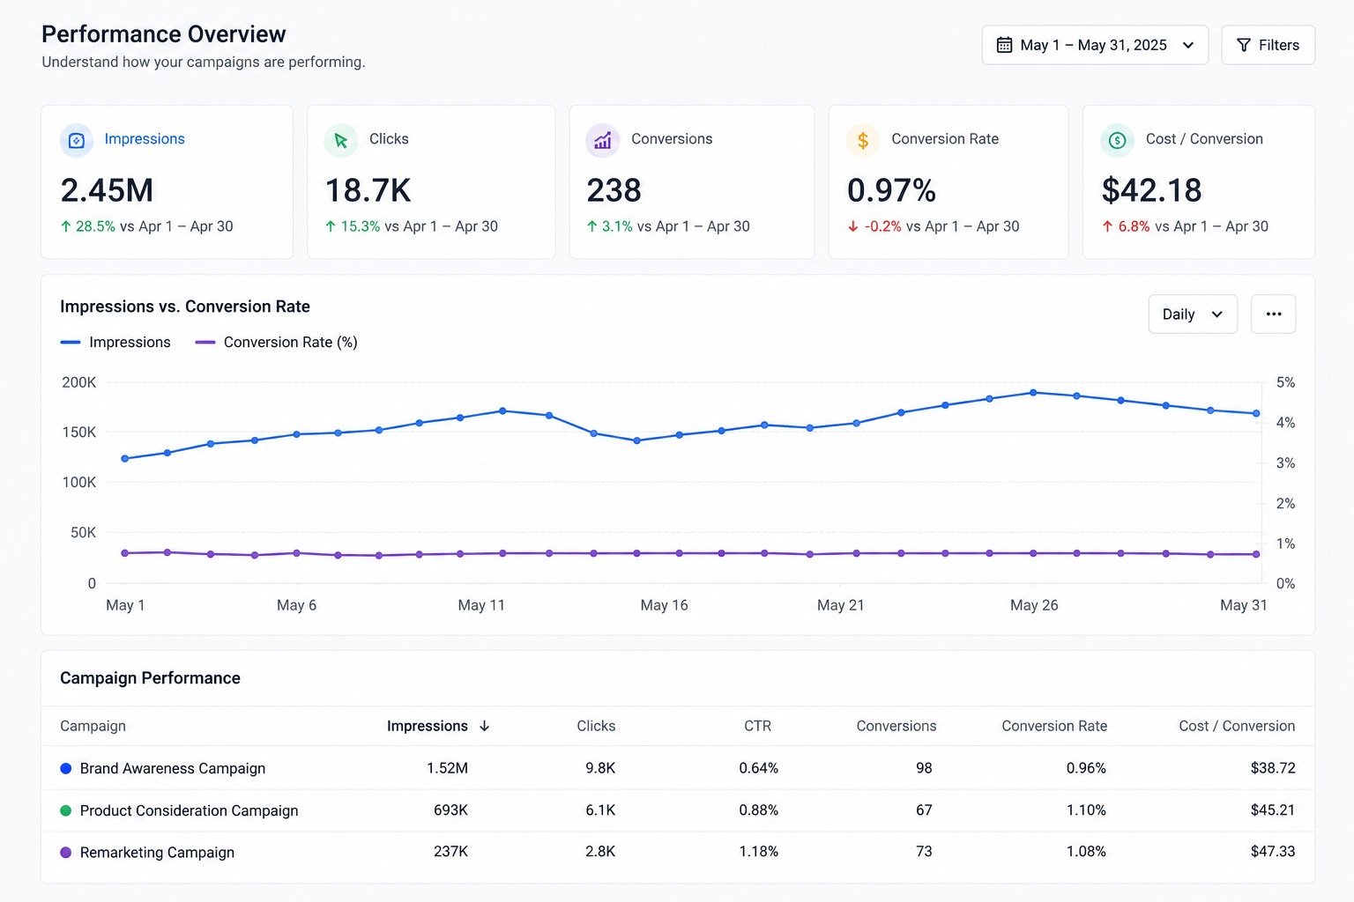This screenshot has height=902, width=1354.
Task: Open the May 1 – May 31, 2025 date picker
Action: pyautogui.click(x=1095, y=45)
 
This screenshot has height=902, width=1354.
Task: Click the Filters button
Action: pyautogui.click(x=1268, y=45)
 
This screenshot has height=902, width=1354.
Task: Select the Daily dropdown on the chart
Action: pyautogui.click(x=1193, y=314)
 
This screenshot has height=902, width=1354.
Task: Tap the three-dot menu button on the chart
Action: pyautogui.click(x=1274, y=314)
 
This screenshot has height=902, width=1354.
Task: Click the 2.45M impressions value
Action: pyautogui.click(x=107, y=190)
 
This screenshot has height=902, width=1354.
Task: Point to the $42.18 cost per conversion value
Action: pyautogui.click(x=1151, y=190)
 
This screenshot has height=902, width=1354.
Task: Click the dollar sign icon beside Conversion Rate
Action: pyautogui.click(x=863, y=141)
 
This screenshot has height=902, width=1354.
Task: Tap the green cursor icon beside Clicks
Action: pyautogui.click(x=341, y=141)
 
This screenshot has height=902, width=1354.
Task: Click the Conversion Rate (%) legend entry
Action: pyautogui.click(x=276, y=343)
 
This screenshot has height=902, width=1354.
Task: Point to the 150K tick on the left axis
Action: pyautogui.click(x=78, y=433)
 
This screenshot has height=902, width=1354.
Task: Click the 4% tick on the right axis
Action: pyautogui.click(x=1286, y=423)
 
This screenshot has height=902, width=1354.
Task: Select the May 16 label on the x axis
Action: pyautogui.click(x=664, y=605)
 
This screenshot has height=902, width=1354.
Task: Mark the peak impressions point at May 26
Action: pyautogui.click(x=1033, y=393)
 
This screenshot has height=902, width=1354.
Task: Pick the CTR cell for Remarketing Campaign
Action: pyautogui.click(x=758, y=852)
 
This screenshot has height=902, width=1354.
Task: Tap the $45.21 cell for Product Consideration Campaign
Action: pyautogui.click(x=1272, y=810)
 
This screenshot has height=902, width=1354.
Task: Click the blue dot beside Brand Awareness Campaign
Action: pyautogui.click(x=66, y=768)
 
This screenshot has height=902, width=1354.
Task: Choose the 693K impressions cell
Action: pyautogui.click(x=450, y=810)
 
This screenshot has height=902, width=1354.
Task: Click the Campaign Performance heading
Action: pyautogui.click(x=150, y=678)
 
